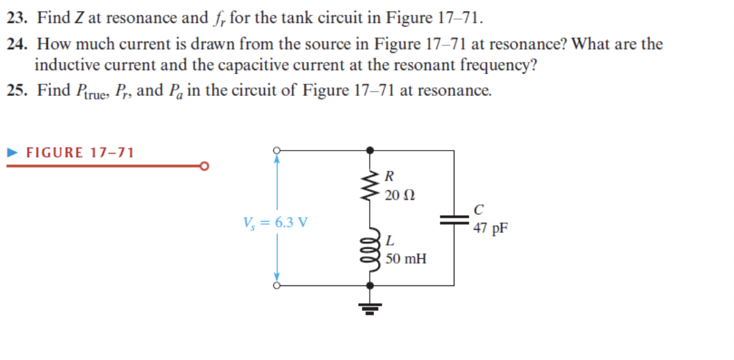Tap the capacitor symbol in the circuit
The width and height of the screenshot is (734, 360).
[454, 220]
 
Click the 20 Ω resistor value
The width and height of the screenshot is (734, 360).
[400, 194]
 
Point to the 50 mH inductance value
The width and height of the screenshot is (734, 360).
[406, 259]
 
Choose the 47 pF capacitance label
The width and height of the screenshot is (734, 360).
[490, 228]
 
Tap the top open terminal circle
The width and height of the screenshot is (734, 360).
[276, 151]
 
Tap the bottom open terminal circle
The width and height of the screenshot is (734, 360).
[276, 285]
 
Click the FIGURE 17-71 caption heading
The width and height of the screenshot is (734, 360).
[80, 153]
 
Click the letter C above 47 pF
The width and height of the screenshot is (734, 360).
[479, 209]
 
